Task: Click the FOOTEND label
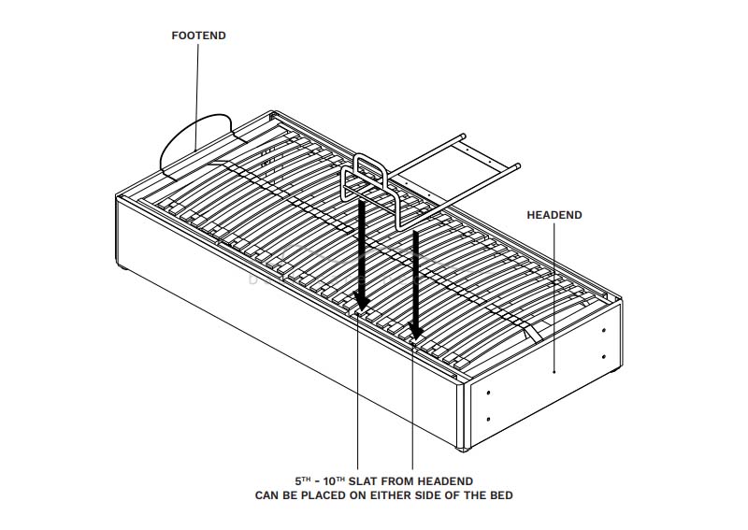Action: [198, 36]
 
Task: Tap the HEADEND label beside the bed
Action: [554, 215]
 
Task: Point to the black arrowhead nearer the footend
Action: [362, 301]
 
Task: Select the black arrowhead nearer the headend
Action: [415, 332]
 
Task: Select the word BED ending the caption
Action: [501, 494]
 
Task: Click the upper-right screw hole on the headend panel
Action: [604, 330]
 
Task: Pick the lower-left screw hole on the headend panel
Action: [490, 418]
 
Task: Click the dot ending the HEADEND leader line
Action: [554, 372]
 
